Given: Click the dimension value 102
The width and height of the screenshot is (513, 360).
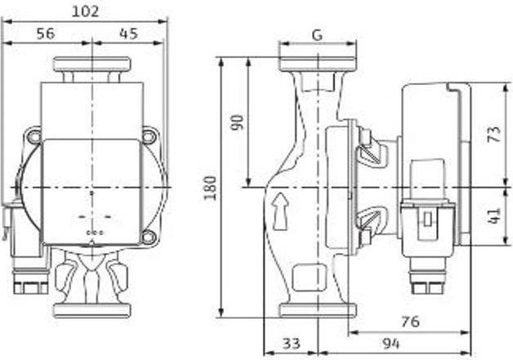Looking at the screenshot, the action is [x=85, y=11].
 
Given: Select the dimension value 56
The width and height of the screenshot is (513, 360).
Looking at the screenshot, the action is [x=46, y=33].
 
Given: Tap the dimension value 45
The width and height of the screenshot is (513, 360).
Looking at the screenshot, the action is [x=129, y=33].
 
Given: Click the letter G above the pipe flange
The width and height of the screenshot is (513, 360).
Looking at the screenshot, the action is [x=317, y=34].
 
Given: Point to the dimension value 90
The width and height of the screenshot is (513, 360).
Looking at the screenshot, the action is [x=237, y=122].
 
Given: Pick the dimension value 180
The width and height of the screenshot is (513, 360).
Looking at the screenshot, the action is [x=210, y=188].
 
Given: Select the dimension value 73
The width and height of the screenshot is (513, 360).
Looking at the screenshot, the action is [x=494, y=134].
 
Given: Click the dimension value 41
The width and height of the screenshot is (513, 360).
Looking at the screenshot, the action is [x=494, y=216].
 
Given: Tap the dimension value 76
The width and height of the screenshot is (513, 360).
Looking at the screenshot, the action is [x=410, y=322].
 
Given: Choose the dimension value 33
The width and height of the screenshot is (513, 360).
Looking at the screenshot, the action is [x=291, y=344].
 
